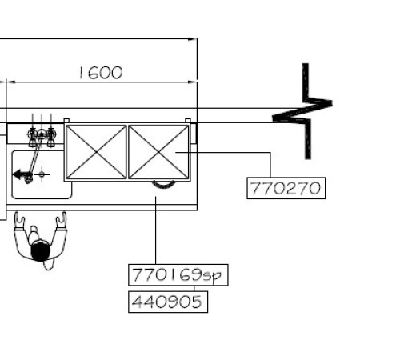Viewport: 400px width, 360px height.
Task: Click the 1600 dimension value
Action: coord(101,73)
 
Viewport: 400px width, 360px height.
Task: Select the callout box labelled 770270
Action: coord(286,188)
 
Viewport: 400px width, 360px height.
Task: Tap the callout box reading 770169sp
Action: coord(178,275)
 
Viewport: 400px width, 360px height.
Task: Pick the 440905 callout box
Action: coord(168,302)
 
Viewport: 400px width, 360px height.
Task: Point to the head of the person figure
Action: coord(40,250)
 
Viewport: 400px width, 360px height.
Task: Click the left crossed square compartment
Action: coord(96,152)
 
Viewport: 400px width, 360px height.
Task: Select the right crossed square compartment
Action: coord(158,152)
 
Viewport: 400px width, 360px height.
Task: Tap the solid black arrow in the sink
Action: coord(19,174)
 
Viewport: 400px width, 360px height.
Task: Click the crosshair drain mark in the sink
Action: coord(42,174)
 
